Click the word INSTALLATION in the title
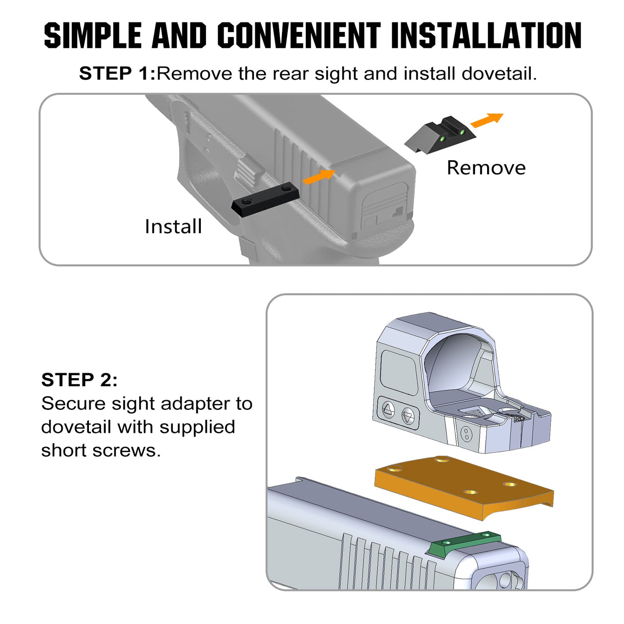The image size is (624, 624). [x=486, y=35]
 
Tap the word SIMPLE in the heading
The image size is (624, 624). [x=92, y=35]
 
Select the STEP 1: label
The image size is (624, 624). [x=117, y=73]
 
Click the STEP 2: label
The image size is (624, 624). [x=79, y=380]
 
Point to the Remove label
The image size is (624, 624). [x=486, y=168]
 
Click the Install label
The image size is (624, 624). [x=173, y=226]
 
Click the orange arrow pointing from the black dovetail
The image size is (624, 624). [x=319, y=176]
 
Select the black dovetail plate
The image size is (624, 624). [x=265, y=200]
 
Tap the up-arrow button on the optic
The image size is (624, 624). [x=388, y=409]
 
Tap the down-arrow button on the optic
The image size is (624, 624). [x=408, y=417]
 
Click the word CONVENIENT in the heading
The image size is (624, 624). [x=298, y=35]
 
